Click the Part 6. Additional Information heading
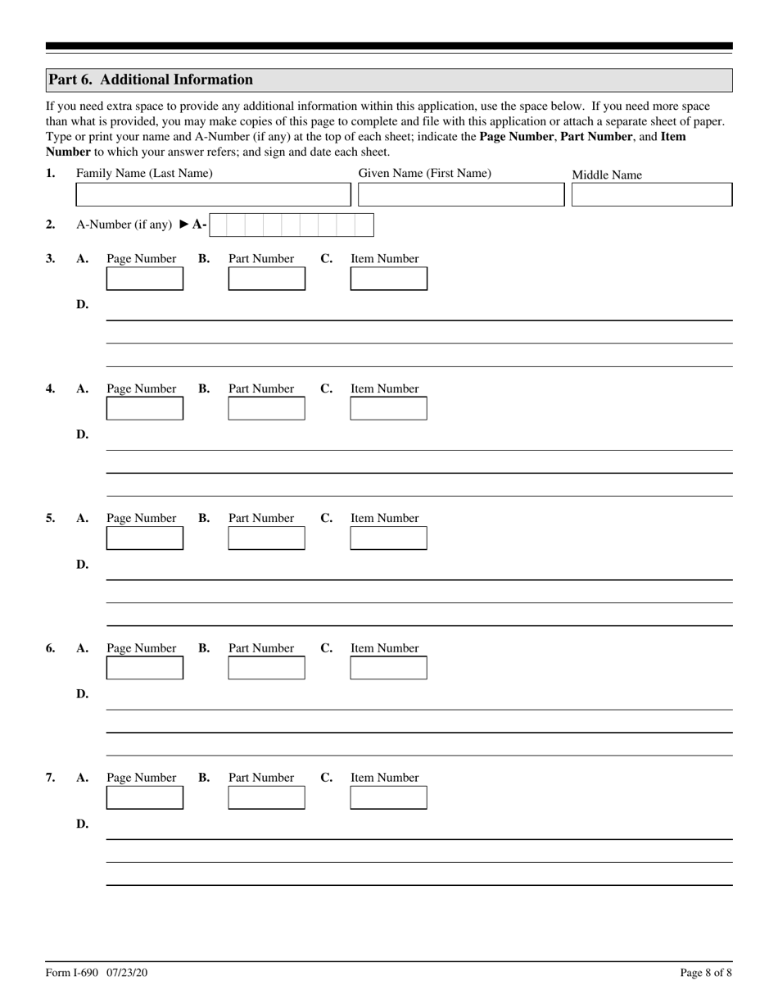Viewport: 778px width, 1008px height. pos(151,79)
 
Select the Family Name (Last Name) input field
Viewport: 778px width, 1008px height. pos(212,195)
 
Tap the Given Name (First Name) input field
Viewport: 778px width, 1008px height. pos(461,195)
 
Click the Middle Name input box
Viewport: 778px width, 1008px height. pos(651,195)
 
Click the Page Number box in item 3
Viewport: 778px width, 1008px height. pos(145,279)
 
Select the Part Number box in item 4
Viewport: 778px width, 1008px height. pos(266,408)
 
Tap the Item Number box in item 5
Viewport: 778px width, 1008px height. pos(388,538)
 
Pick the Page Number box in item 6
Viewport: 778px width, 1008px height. pos(145,668)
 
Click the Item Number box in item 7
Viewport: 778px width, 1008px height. pos(388,797)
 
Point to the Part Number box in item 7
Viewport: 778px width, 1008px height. pos(266,797)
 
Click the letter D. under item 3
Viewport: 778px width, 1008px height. pos(82,305)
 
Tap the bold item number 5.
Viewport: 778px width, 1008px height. pos(51,518)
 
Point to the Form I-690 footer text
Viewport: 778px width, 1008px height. pos(97,973)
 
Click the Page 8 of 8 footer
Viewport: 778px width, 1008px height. pos(705,973)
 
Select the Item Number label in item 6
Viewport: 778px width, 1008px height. pos(384,648)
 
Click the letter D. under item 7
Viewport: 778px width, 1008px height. pos(82,824)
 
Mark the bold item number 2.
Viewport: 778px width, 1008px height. pos(51,225)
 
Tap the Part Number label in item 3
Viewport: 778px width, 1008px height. pos(260,259)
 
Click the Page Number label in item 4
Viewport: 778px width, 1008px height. pos(141,388)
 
